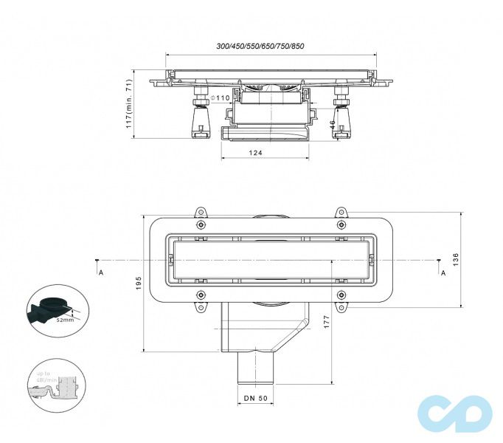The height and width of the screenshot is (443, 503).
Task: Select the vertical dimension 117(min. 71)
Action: point(128,104)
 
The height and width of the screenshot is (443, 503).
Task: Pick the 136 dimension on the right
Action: point(456,259)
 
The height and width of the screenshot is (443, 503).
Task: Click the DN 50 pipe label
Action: point(256,399)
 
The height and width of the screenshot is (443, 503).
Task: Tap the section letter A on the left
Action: point(100,272)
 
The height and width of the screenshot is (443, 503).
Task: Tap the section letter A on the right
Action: point(443,272)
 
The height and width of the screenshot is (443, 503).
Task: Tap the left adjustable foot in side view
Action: point(199,117)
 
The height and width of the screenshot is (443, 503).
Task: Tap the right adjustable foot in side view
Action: point(341,117)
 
